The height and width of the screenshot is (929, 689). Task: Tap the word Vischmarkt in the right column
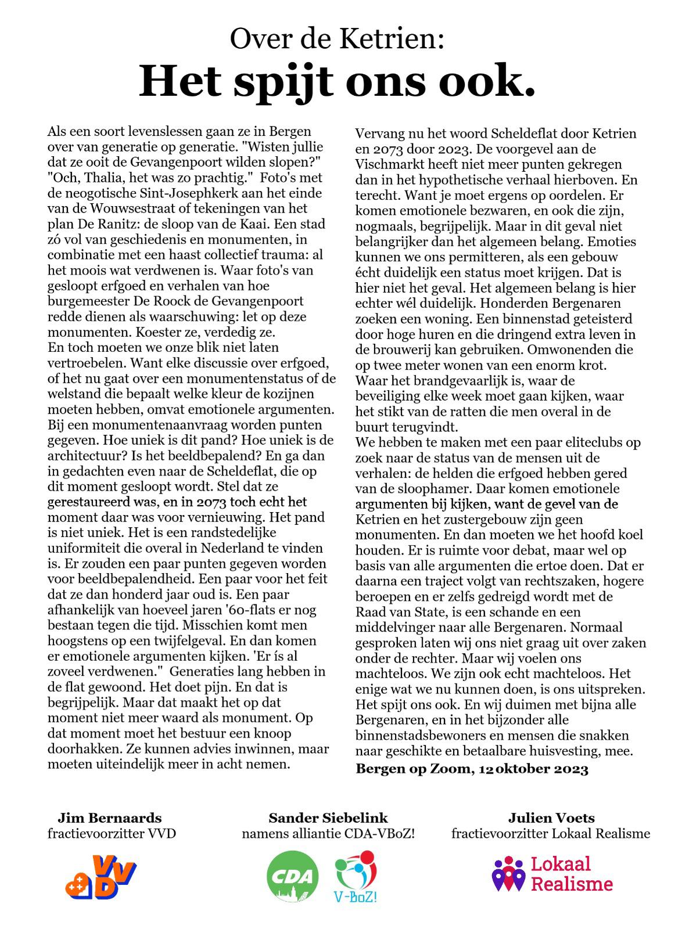385,164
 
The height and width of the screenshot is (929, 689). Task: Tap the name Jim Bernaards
110,818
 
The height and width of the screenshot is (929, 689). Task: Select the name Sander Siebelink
328,818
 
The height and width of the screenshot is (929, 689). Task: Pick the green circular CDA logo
292,876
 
